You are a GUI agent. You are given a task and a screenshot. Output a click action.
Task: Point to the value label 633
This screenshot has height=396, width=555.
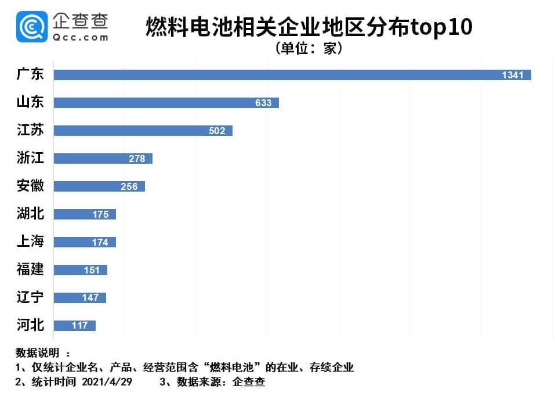(x=263, y=103)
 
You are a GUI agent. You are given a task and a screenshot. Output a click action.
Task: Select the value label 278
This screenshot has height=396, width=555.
(x=137, y=159)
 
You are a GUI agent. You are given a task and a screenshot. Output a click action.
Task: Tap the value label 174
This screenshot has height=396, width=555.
(x=100, y=242)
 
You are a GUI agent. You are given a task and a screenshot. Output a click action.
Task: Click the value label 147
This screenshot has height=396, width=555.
(x=90, y=297)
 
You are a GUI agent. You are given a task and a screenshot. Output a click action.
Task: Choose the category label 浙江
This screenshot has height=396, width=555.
(x=30, y=158)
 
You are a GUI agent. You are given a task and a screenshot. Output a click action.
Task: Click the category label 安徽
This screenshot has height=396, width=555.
(x=30, y=186)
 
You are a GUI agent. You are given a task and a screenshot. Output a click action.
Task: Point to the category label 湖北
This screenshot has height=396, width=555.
(x=30, y=214)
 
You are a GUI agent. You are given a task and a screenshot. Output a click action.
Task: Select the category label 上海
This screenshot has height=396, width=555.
(x=30, y=242)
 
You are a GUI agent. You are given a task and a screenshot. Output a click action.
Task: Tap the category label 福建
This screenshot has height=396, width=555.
(x=30, y=269)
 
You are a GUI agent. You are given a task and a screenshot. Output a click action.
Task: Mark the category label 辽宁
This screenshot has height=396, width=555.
(x=30, y=297)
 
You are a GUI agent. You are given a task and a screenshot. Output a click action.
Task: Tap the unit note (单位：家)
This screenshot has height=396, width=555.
(x=309, y=48)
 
